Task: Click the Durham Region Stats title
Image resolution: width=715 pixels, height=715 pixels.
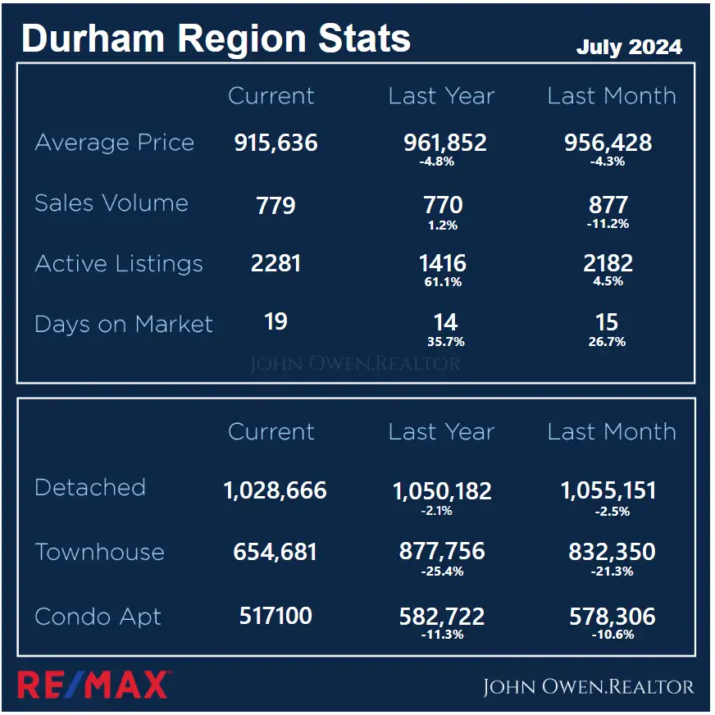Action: (x=216, y=39)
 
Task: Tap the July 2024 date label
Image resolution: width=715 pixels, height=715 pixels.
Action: (x=629, y=47)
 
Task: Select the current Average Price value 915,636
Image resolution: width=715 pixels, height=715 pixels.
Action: (x=276, y=143)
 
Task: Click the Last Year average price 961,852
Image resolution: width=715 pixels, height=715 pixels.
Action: (x=444, y=143)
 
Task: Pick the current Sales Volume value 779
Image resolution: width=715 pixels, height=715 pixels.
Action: (x=276, y=205)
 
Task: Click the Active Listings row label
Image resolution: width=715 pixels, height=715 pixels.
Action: (x=119, y=264)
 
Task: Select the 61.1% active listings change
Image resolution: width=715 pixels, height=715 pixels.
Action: (x=444, y=282)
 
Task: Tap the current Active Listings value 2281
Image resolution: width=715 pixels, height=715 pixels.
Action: (x=276, y=263)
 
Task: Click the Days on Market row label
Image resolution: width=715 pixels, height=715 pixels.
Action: (x=124, y=324)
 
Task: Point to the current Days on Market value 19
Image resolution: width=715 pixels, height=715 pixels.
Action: (x=276, y=321)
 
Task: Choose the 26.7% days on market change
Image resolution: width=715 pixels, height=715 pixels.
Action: (x=608, y=341)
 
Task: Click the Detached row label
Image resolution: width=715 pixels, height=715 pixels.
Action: (x=90, y=487)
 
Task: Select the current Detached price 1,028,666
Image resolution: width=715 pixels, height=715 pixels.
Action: (x=275, y=490)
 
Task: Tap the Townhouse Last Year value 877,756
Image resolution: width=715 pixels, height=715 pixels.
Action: (x=442, y=552)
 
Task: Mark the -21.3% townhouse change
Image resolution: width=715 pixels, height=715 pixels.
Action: (x=612, y=571)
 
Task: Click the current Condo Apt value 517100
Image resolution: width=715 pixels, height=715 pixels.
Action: (x=276, y=616)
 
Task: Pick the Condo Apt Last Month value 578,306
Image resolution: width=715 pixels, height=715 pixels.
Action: (x=612, y=617)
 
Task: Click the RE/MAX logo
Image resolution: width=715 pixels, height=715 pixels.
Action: (x=93, y=685)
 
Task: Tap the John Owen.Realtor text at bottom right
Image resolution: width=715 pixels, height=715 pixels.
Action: (x=587, y=686)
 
